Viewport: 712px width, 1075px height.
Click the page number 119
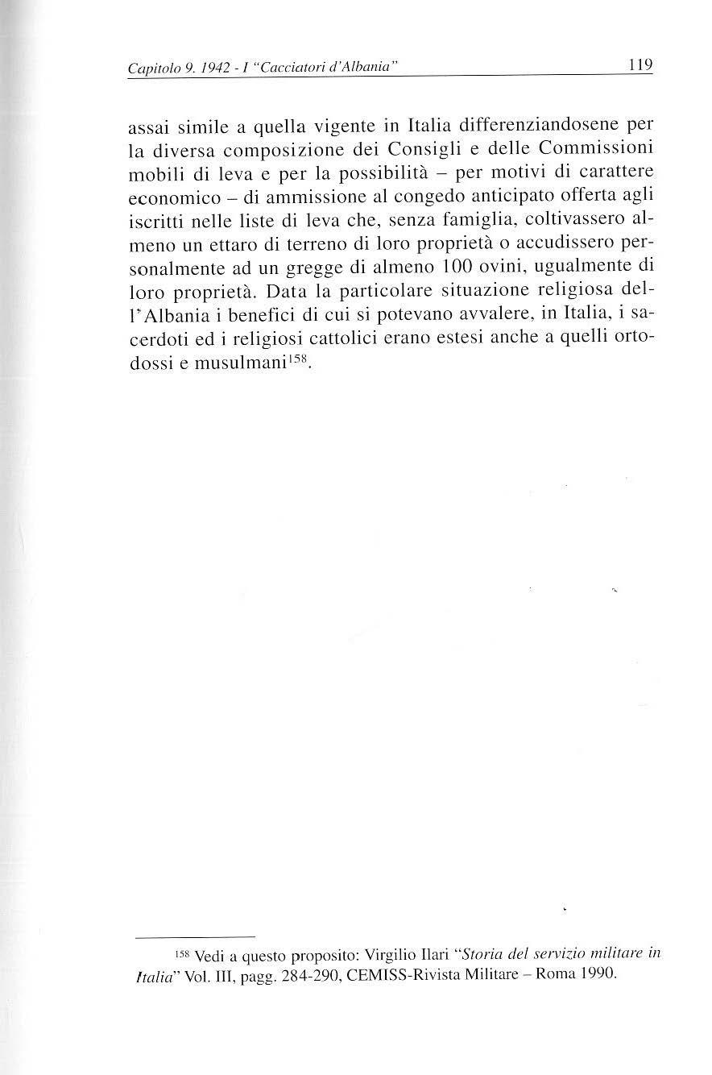(640, 64)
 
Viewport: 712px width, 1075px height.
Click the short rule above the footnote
(195, 937)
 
